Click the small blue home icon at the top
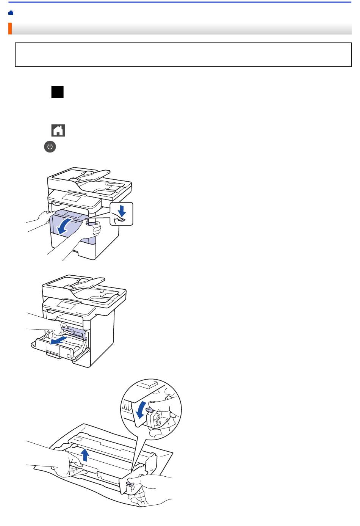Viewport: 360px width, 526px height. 11,13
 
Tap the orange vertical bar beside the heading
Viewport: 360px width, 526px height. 10,29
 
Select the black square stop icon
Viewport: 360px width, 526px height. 57,92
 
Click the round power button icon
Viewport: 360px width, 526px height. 50,147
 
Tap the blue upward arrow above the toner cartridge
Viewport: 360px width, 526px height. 86,454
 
